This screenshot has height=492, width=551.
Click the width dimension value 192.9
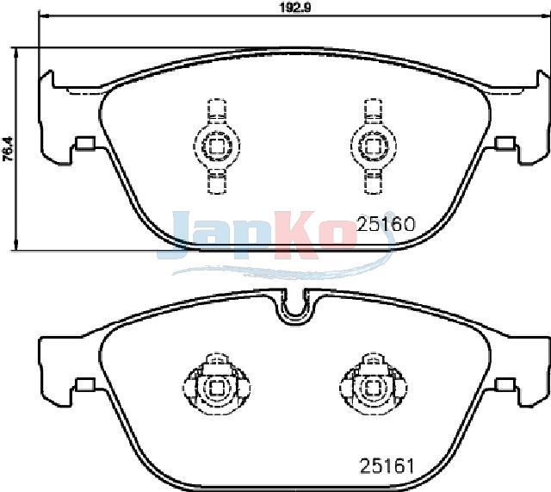pyautogui.click(x=295, y=8)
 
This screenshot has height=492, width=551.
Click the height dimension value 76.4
pyautogui.click(x=8, y=149)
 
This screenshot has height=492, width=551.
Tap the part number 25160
pyautogui.click(x=386, y=224)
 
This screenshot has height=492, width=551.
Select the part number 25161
pyautogui.click(x=387, y=466)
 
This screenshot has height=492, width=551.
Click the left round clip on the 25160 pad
pyautogui.click(x=216, y=145)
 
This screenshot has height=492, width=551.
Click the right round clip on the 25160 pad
pyautogui.click(x=373, y=145)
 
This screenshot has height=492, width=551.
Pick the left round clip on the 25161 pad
pyautogui.click(x=216, y=387)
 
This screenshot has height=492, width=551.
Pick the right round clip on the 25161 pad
pyautogui.click(x=374, y=387)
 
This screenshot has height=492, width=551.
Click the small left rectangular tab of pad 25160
pyautogui.click(x=85, y=143)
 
